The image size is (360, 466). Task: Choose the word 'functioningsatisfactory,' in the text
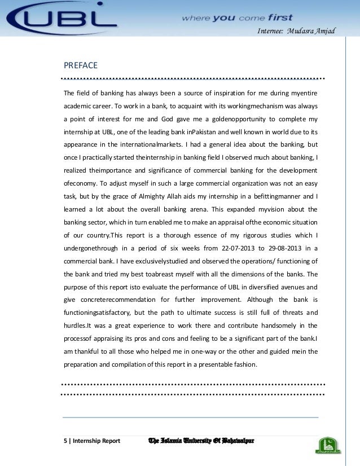click(100, 313)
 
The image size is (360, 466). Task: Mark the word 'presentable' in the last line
click(223, 364)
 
